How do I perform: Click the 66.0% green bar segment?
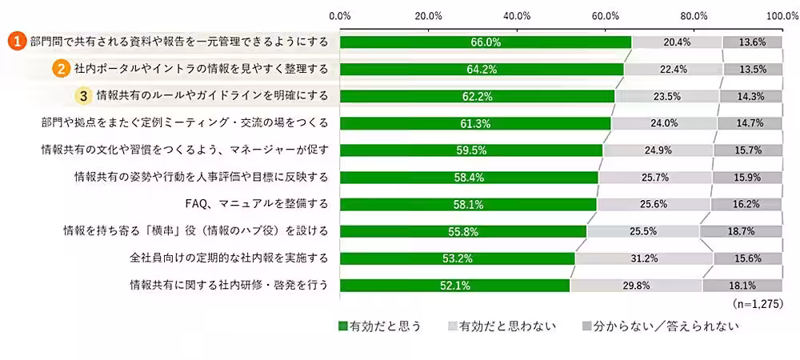pos(485,42)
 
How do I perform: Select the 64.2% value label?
pos(482,70)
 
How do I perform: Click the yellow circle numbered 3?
pos(82,96)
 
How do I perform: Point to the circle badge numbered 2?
pos(59,70)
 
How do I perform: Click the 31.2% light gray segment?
pos(644,258)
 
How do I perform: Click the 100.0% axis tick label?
pos(782,15)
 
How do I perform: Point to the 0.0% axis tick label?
pos(341,15)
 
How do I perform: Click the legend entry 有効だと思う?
pos(380,326)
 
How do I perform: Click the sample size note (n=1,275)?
pos(758,305)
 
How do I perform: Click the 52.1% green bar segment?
pos(455,285)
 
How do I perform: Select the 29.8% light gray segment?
pos(636,285)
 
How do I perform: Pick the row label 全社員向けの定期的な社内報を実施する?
pos(229,258)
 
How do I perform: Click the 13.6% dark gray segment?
pos(752,42)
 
